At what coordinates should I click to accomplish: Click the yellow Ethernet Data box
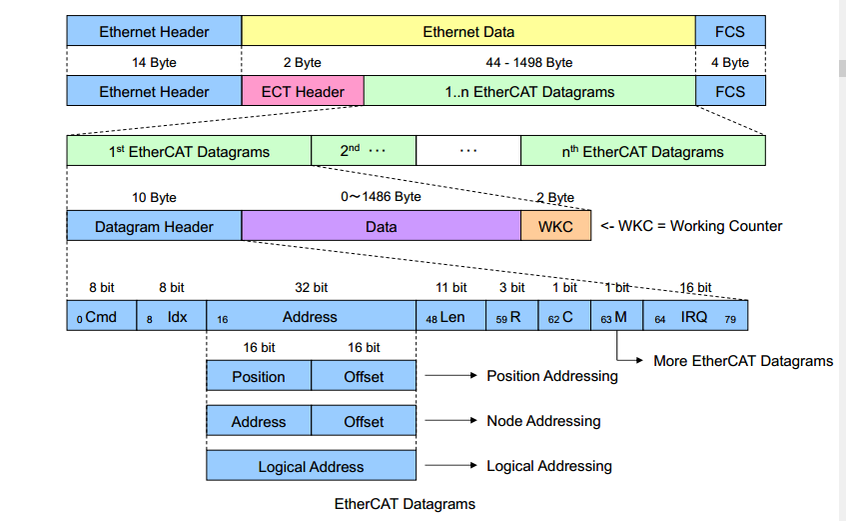click(468, 32)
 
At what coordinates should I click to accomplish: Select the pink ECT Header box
click(303, 92)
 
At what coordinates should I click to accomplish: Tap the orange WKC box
click(555, 226)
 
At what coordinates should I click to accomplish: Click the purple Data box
click(381, 226)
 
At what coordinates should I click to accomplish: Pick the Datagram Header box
click(154, 226)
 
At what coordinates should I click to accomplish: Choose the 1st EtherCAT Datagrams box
click(189, 152)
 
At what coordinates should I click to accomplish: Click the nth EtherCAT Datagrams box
click(642, 152)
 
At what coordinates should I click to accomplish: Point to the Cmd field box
click(101, 317)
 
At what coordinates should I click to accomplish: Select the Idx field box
click(171, 317)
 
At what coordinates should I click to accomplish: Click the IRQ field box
click(695, 317)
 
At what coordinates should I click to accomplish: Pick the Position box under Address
click(259, 377)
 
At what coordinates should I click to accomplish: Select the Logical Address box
click(311, 467)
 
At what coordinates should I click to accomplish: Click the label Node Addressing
click(543, 422)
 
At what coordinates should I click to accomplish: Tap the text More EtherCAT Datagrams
click(742, 361)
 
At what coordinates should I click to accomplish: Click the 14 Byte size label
click(154, 62)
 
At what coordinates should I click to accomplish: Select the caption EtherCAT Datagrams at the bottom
click(405, 504)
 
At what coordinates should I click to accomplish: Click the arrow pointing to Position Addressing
click(448, 377)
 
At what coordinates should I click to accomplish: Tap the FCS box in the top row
click(730, 32)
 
